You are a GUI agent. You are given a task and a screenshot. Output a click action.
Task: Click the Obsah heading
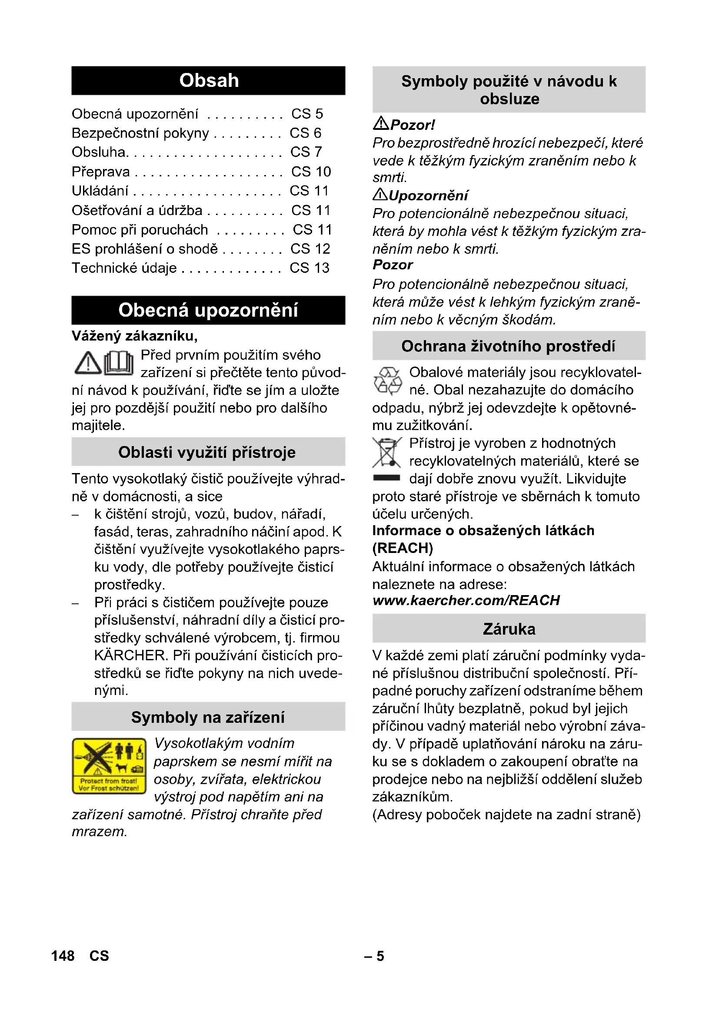coord(209,80)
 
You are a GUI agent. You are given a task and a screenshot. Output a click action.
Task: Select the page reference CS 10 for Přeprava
coord(311,172)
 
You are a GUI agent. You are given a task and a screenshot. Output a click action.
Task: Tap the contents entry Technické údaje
coord(124,268)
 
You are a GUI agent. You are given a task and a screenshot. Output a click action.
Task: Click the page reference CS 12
coord(310,249)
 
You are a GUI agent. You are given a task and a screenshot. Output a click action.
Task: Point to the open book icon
coord(119,363)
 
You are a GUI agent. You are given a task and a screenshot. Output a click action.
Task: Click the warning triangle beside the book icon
coord(88,363)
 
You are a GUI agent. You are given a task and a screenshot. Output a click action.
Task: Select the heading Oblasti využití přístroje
coord(207,452)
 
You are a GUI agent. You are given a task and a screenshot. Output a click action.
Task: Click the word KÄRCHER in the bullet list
coord(131,655)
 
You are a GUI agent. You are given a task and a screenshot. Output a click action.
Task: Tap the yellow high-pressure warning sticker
coord(109,766)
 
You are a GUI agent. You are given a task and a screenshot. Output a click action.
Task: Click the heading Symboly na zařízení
coord(208,717)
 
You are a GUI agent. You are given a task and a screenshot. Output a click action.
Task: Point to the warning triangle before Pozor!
coord(381,123)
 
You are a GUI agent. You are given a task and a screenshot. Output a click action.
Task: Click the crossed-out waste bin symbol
coord(386,453)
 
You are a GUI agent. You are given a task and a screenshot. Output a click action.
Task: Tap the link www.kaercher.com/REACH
coord(466,600)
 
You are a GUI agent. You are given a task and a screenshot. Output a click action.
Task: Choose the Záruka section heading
coord(509,629)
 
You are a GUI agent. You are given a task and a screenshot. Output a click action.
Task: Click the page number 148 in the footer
coord(63,956)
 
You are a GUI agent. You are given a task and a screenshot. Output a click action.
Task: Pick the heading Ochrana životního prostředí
coord(508,346)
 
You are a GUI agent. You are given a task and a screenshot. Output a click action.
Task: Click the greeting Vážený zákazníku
coord(135,336)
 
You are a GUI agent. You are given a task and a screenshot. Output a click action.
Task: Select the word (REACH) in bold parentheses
coord(403,548)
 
